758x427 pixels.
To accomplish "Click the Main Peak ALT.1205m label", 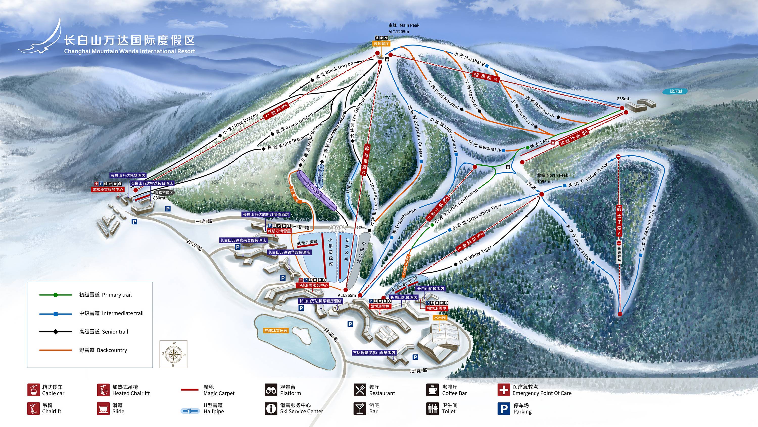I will coord(404,28).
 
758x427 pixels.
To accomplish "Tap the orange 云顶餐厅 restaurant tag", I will coord(381,44).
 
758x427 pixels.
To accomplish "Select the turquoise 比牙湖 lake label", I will coord(676,91).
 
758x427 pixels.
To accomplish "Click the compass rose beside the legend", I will coord(173,354).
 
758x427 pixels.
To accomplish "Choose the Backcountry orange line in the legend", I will coord(55,350).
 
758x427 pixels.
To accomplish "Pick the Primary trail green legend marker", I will coord(55,295).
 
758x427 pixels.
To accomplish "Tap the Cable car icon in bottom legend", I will coord(34,390).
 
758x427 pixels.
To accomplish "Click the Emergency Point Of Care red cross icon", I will coord(504,390).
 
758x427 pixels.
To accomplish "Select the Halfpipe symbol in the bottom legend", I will coord(190,411).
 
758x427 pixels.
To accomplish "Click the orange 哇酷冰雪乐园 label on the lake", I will coord(276,331).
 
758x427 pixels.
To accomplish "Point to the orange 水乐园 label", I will coord(440,318).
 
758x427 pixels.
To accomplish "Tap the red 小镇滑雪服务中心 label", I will coord(312,285).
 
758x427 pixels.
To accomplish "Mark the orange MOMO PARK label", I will coord(406,266).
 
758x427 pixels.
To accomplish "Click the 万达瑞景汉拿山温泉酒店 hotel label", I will coord(374,353).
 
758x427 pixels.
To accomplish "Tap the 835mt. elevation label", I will coord(624,99).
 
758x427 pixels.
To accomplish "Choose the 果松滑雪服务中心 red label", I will coord(108,189).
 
